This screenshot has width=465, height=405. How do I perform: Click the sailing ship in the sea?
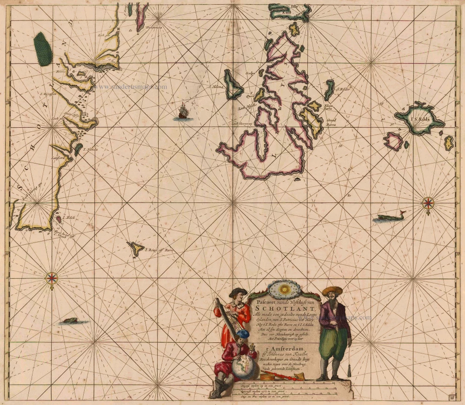(183, 112)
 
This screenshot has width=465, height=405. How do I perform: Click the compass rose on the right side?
(428, 202)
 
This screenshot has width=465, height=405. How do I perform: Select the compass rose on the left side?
(52, 278)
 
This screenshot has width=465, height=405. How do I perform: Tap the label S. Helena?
(216, 86)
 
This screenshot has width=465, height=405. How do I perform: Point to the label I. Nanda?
(90, 150)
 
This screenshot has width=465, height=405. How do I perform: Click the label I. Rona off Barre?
(159, 250)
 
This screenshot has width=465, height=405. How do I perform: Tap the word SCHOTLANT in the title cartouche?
(286, 308)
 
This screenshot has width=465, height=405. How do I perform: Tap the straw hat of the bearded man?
(332, 291)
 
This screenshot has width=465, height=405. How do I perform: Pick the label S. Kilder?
(344, 89)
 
